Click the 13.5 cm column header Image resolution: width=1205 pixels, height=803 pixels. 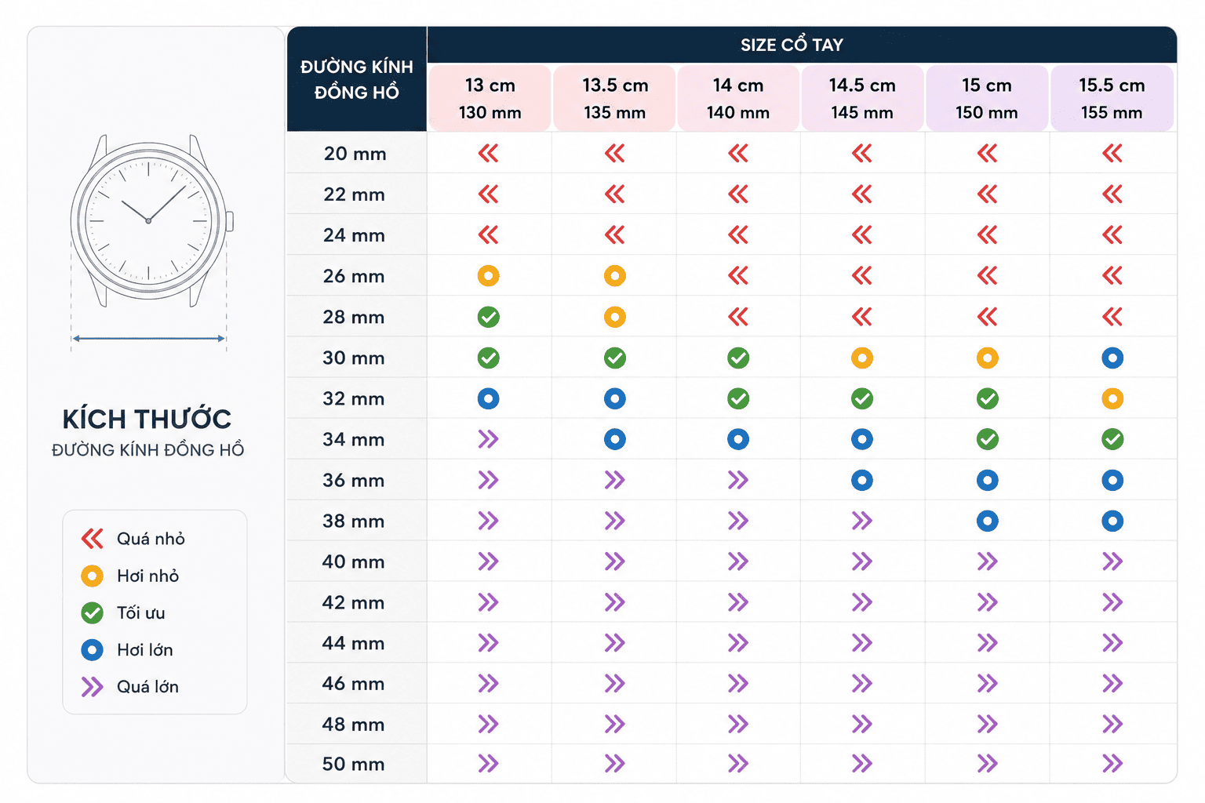pos(614,99)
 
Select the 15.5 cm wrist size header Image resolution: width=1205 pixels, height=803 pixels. pos(1112,99)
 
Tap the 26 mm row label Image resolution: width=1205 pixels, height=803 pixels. pos(354,276)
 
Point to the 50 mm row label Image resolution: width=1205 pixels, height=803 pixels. pos(354,764)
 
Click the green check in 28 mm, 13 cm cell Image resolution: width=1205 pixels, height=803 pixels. pos(489,317)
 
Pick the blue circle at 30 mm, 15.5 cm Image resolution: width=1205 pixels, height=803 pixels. pos(1112,358)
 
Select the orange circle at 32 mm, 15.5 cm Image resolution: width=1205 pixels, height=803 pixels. pos(1112,398)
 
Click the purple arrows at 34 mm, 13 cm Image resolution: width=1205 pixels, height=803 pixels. pos(489,439)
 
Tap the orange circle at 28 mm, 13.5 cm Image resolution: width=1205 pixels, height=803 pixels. pos(615,317)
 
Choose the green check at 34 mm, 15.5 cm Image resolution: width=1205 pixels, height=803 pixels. pos(1112,439)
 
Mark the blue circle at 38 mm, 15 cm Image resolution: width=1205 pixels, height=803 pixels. pos(987,521)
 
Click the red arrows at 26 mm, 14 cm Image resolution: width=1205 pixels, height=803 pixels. pos(738,276)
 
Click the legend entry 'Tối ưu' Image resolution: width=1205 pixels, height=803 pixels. pos(141,612)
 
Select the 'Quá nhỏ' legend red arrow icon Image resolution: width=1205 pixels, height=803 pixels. pos(92,539)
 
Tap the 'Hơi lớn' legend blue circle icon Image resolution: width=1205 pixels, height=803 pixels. pos(92,650)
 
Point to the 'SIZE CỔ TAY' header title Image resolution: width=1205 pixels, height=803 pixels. pos(792,45)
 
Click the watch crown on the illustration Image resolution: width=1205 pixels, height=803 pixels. pos(230,221)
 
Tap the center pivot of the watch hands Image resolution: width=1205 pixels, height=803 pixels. pos(148,221)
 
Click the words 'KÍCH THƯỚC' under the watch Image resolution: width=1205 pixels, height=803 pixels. pos(147,419)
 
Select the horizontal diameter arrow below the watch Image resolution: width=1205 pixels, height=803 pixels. pos(148,338)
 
